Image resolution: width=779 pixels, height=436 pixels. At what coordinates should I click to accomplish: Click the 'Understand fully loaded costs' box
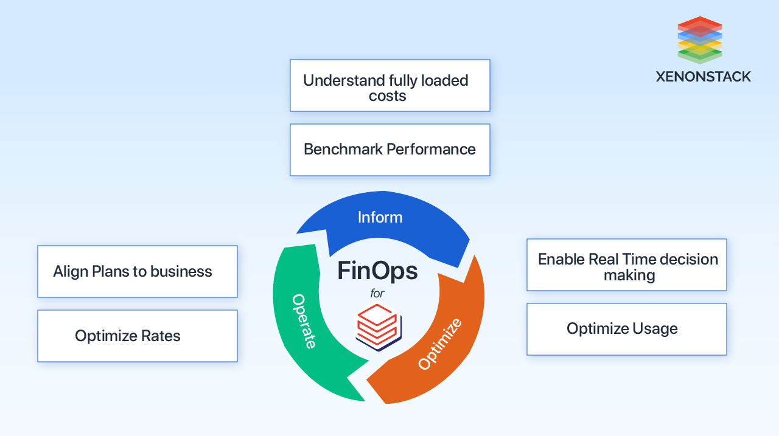point(389,86)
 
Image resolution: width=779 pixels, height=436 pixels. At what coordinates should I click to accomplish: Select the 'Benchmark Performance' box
point(389,150)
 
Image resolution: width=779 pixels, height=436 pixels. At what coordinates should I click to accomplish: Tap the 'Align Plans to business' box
point(137,272)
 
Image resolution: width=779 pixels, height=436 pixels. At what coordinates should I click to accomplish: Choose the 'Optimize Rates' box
point(137,336)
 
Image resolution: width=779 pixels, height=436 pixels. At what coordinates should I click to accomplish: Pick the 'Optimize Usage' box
point(626,329)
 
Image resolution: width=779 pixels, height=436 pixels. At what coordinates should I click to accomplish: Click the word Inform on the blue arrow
point(380,217)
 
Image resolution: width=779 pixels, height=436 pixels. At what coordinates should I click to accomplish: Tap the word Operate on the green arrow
point(304,321)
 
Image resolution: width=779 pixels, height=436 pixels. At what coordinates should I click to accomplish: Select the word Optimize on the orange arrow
point(440,344)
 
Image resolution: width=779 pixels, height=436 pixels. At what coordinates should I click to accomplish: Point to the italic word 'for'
point(377,294)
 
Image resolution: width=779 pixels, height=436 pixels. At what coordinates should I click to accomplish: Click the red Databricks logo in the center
point(377,326)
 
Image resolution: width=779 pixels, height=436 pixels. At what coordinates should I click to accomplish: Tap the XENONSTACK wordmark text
point(703,77)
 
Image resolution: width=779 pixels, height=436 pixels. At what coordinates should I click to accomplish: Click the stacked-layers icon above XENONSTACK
point(699,40)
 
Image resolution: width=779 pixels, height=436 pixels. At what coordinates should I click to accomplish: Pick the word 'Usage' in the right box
point(655,329)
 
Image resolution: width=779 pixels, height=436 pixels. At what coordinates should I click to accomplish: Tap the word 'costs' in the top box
point(387,96)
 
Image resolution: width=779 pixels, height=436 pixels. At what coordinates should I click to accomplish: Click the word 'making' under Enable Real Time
point(629,275)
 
